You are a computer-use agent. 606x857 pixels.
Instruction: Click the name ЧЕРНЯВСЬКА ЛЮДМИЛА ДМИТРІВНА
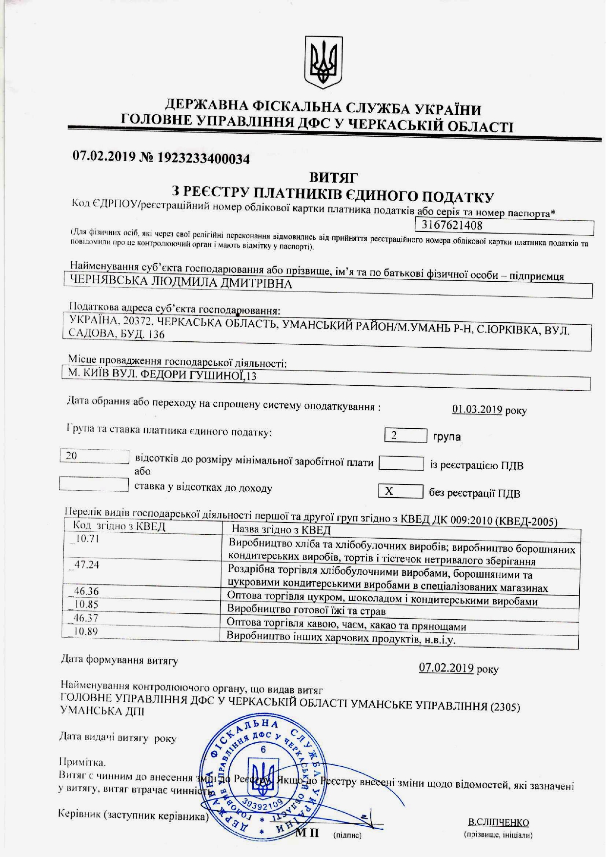click(x=181, y=283)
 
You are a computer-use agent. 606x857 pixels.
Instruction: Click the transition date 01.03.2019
click(x=477, y=409)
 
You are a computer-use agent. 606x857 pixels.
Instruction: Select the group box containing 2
click(x=405, y=435)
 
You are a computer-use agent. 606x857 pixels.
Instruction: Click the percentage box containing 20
click(x=94, y=456)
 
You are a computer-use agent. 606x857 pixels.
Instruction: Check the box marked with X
click(x=400, y=491)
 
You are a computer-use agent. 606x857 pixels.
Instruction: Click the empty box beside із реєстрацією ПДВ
click(x=401, y=463)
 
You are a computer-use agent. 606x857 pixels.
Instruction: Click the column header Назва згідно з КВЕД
click(x=281, y=530)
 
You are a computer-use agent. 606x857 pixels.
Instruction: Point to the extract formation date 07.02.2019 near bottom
click(x=446, y=668)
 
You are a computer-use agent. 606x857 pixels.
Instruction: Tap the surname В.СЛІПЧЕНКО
click(x=498, y=822)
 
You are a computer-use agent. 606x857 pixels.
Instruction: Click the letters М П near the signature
click(x=307, y=832)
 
